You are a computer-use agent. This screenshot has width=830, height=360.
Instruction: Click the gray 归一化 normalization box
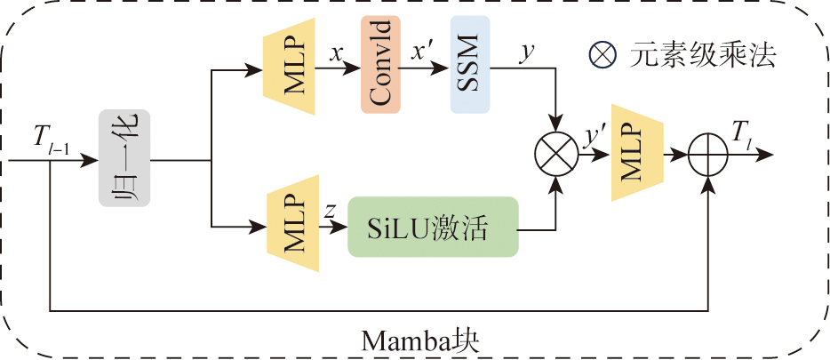coord(124,159)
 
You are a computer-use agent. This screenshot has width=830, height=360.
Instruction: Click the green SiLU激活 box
coord(432,228)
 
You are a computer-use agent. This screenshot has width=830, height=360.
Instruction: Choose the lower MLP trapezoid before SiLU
coord(289,228)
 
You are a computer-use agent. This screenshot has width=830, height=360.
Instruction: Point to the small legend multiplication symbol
coord(602,57)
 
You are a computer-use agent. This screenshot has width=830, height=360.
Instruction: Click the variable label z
coord(330,211)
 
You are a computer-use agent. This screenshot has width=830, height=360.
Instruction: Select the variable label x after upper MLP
coord(336,53)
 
